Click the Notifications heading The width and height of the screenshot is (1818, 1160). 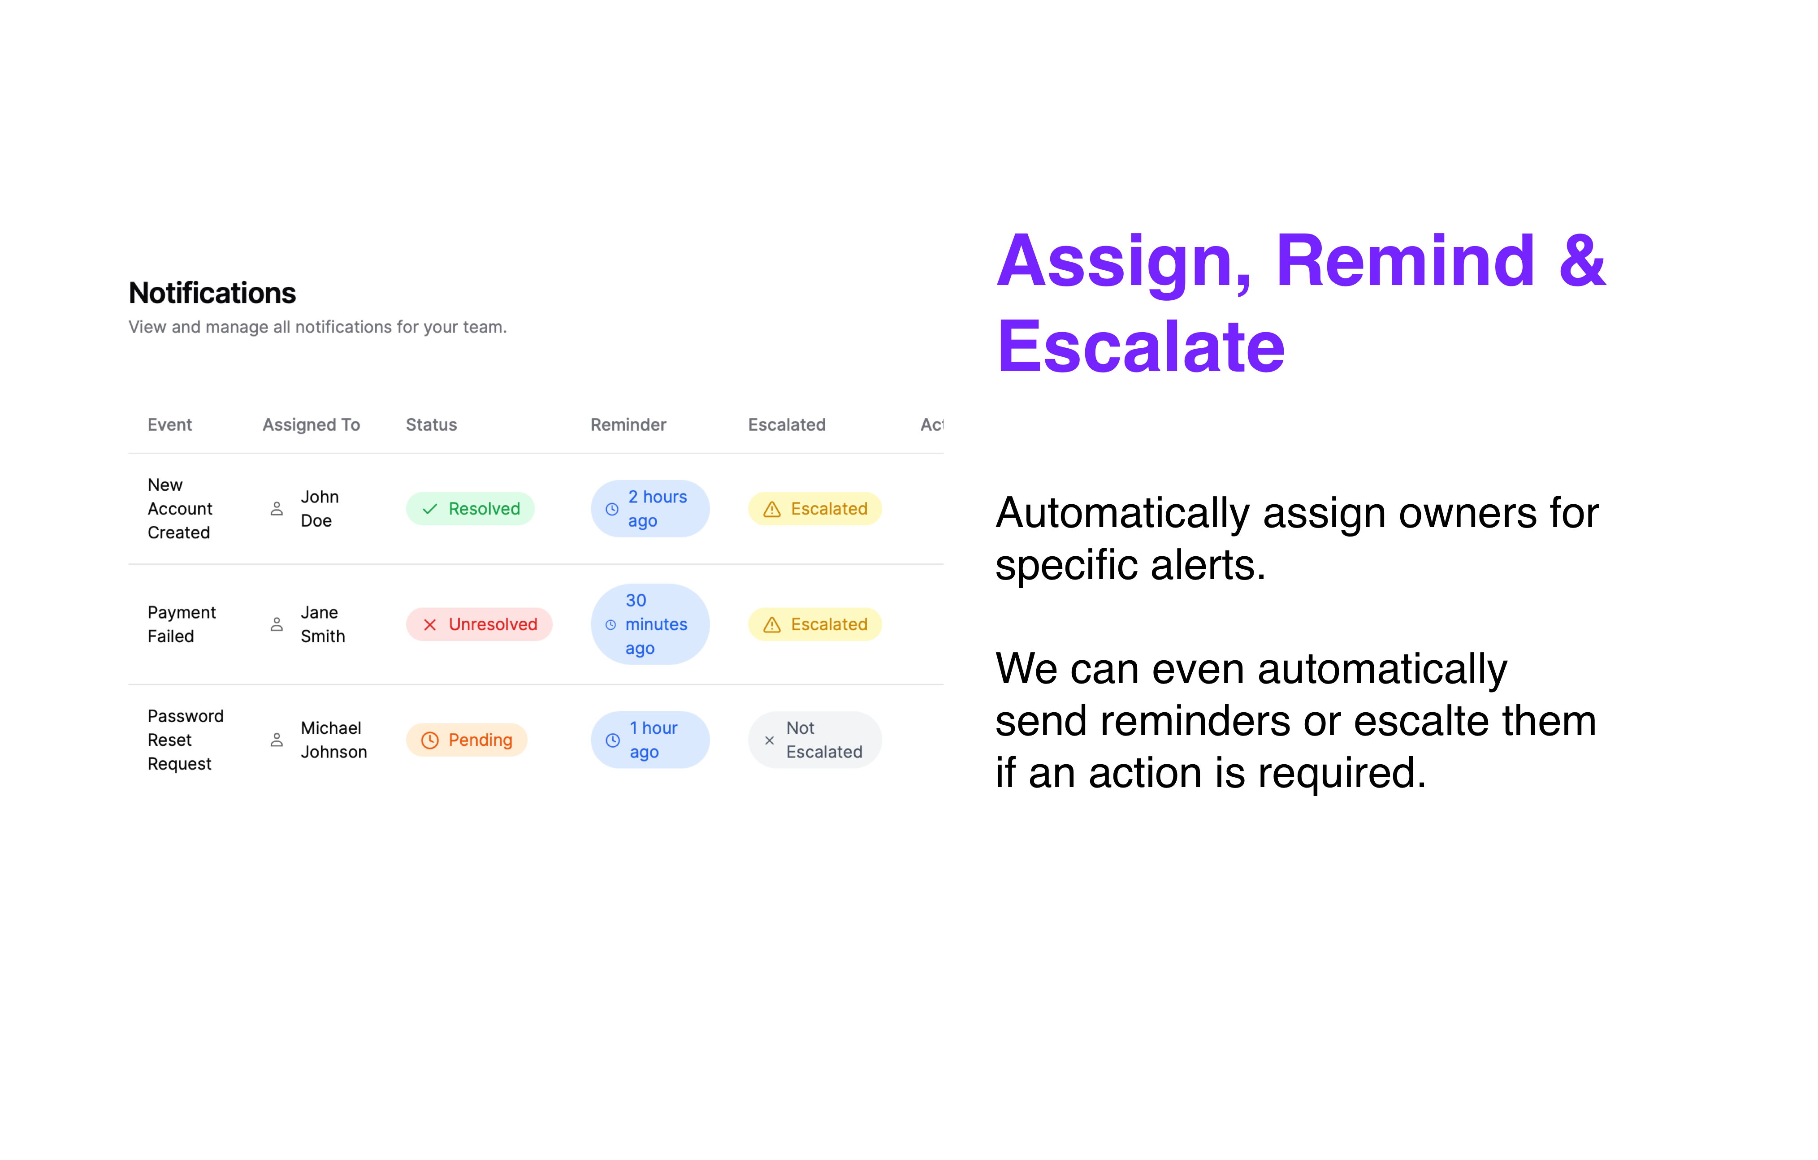pyautogui.click(x=212, y=293)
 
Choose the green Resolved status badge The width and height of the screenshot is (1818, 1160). pyautogui.click(x=470, y=509)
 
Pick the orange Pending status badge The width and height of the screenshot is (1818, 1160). pyautogui.click(x=467, y=740)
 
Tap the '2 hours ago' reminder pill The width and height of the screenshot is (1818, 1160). pyautogui.click(x=650, y=509)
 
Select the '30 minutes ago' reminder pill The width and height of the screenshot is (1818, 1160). pyautogui.click(x=650, y=624)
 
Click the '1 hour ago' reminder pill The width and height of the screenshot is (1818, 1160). pyautogui.click(x=650, y=740)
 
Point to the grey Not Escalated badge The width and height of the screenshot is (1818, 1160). pyautogui.click(x=814, y=740)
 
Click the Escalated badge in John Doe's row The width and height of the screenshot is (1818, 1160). pyautogui.click(x=814, y=509)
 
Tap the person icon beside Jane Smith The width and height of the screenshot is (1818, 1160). pyautogui.click(x=277, y=624)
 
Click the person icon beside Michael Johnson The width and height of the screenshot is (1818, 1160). pyautogui.click(x=277, y=740)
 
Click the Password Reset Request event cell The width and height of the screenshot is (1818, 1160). pyautogui.click(x=186, y=740)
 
